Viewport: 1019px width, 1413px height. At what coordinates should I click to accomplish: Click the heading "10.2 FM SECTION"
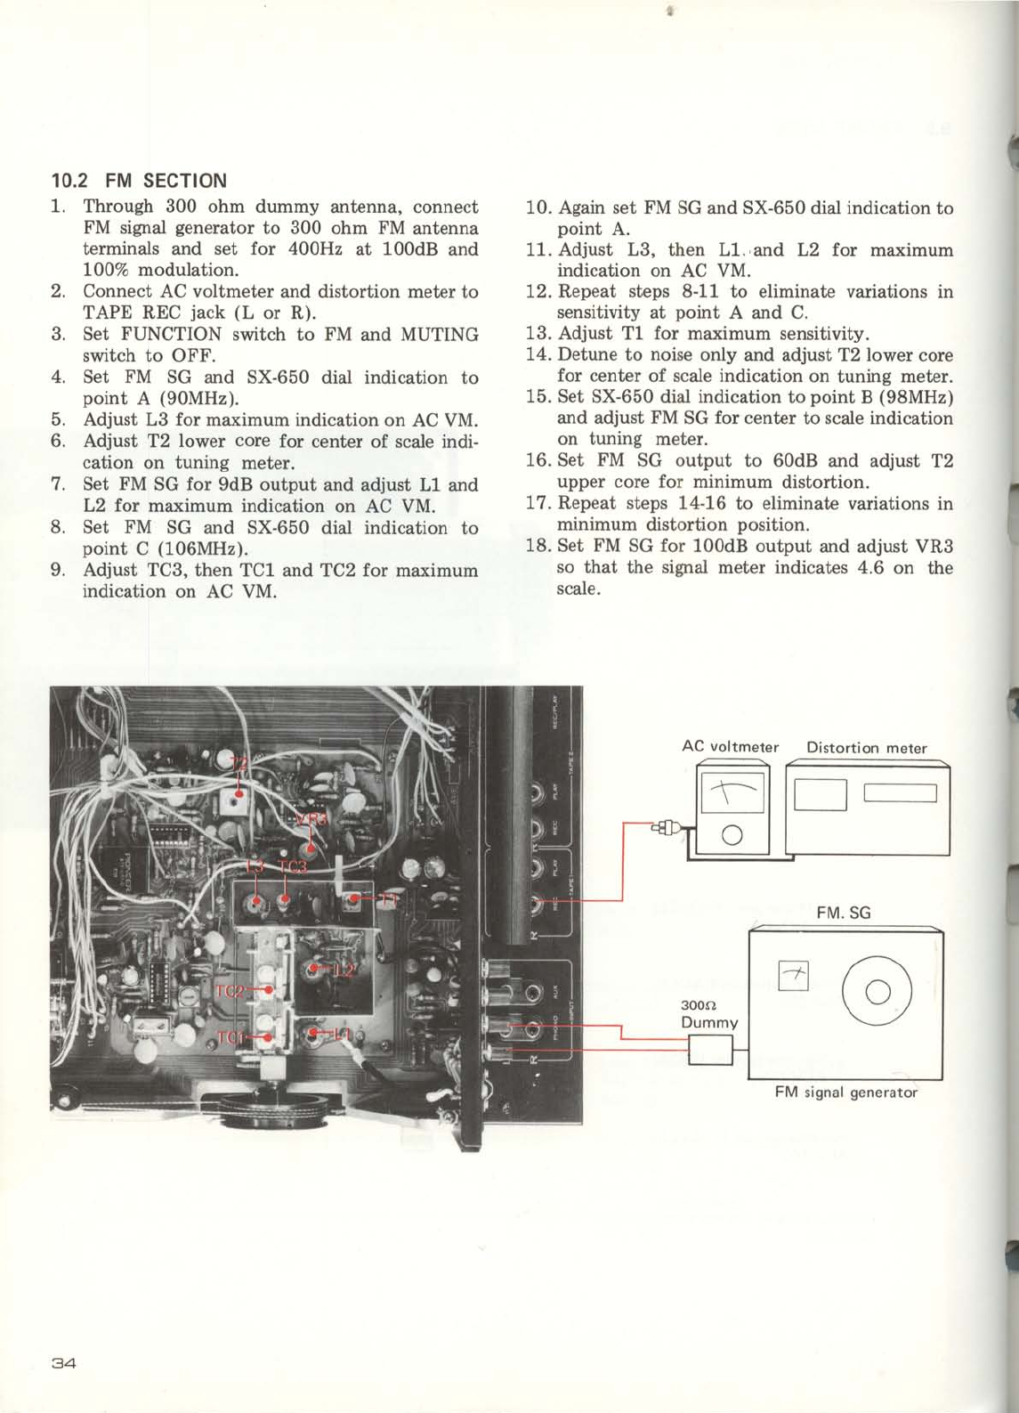tap(139, 181)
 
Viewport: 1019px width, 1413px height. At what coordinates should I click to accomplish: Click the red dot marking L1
tap(311, 1034)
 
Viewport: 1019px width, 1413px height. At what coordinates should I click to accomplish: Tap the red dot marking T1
tap(354, 898)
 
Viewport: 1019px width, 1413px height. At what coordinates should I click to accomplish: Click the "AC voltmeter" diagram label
tap(730, 747)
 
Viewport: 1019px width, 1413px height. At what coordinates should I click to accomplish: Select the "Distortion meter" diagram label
tap(866, 748)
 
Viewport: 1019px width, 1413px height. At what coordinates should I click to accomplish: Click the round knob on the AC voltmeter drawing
tap(732, 835)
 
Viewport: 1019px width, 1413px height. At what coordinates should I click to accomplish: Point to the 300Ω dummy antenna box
tap(710, 1052)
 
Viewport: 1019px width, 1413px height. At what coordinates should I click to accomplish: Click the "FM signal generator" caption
tap(845, 1092)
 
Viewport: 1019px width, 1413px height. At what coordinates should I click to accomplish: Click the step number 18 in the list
tap(536, 546)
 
